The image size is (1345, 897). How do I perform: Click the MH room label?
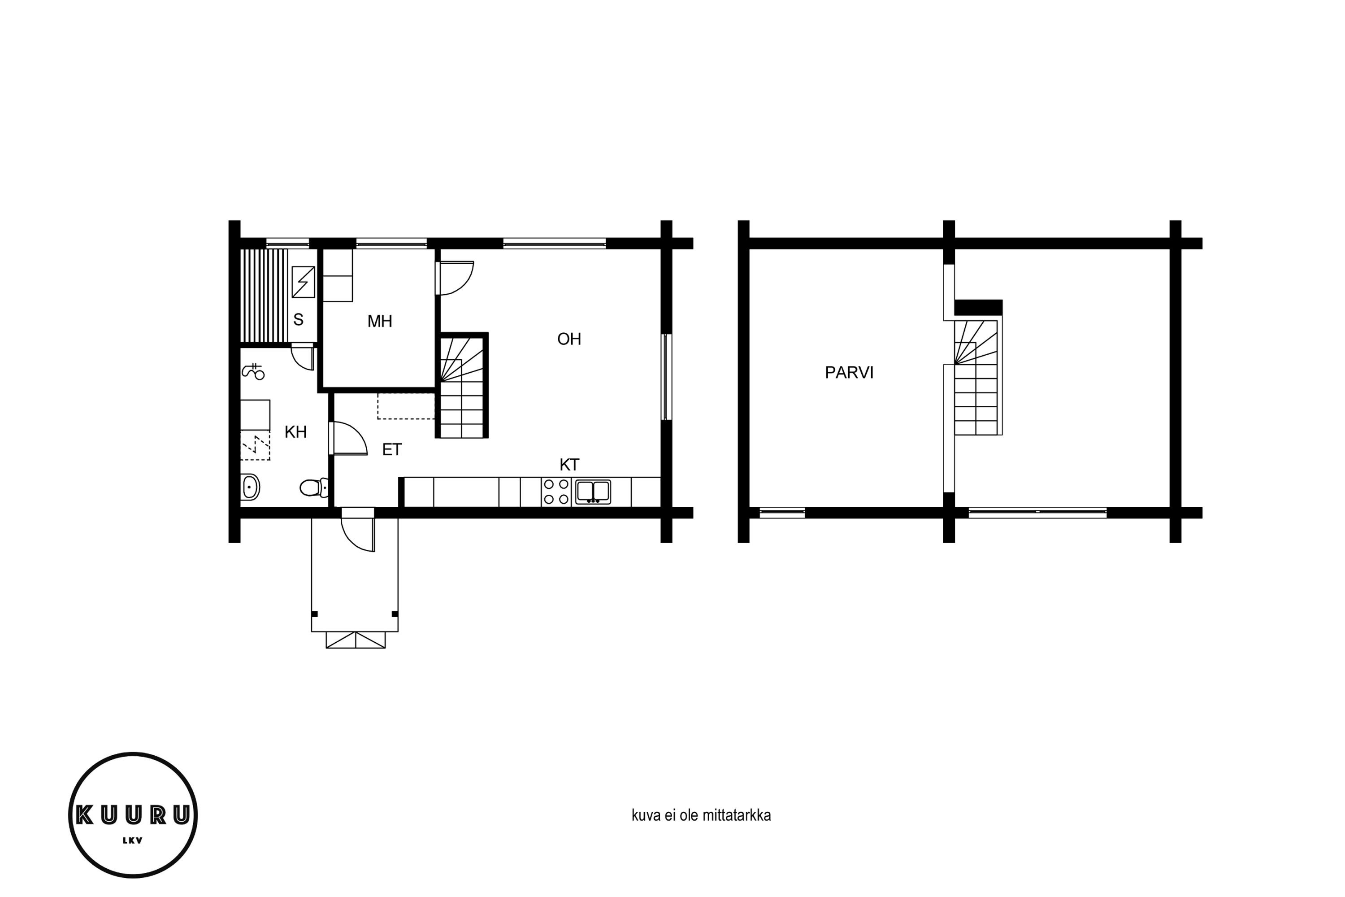[x=380, y=322]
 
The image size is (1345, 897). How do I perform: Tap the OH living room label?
[x=569, y=339]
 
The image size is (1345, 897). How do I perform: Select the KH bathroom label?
[x=295, y=432]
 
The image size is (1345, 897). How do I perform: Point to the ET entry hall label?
[x=392, y=450]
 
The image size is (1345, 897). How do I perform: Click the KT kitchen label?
[x=569, y=465]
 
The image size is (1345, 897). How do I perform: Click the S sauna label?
[x=298, y=320]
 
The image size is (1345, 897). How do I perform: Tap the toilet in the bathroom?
[x=314, y=488]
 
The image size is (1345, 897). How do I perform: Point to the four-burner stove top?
[x=556, y=492]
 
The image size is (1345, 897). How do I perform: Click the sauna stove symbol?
[x=303, y=282]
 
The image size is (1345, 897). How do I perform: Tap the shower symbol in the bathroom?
[x=253, y=371]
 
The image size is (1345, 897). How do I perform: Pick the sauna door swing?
[x=303, y=357]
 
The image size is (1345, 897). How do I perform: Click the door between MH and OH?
[x=455, y=278]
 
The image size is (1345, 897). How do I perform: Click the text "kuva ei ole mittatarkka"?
[x=701, y=815]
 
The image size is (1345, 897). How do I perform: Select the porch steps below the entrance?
[x=356, y=640]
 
